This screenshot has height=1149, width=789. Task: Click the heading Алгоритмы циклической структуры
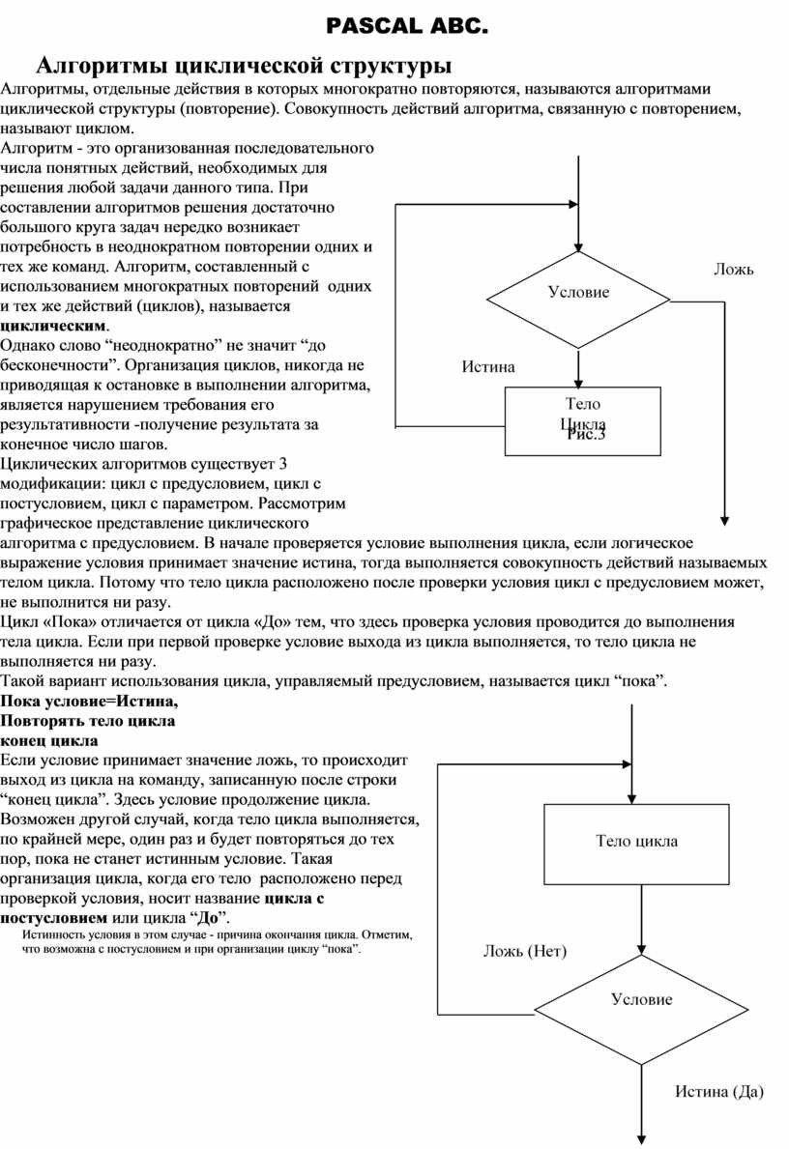tap(244, 66)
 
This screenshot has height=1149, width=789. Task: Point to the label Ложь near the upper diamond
tap(734, 270)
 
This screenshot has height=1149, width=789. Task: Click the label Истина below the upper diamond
tap(488, 366)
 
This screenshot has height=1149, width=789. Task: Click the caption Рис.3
tap(586, 435)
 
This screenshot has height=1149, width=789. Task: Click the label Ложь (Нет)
tap(525, 951)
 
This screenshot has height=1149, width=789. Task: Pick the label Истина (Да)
tap(718, 1092)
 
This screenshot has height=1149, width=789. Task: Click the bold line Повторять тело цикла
tap(88, 721)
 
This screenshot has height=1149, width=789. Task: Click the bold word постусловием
tap(55, 916)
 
